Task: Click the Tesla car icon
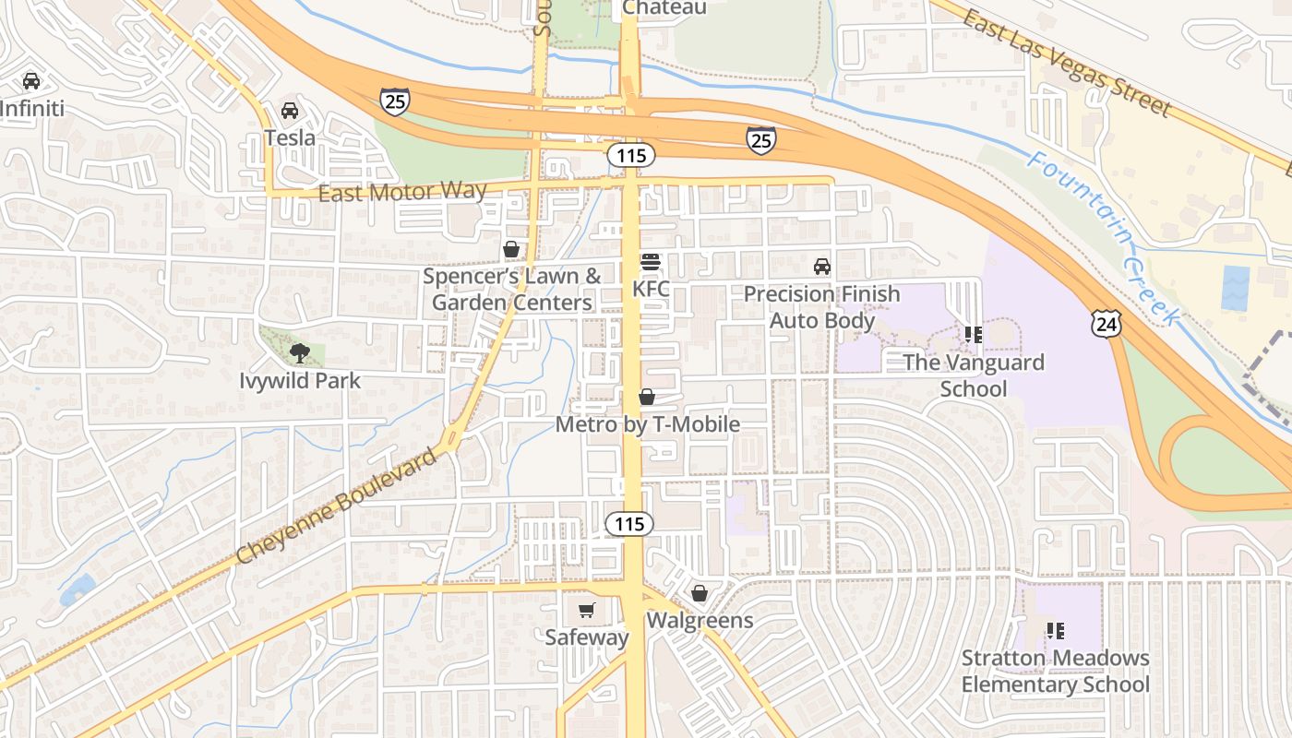tap(290, 111)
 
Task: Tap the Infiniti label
tap(32, 109)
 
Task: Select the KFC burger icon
tap(651, 262)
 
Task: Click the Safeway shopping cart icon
tap(586, 610)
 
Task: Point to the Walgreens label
tap(700, 620)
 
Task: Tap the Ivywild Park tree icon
tap(299, 351)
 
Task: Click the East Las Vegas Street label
tap(1066, 62)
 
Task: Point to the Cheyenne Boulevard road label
tap(336, 508)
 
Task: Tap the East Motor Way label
tap(402, 193)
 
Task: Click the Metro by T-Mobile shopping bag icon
tap(647, 397)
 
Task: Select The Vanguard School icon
tap(973, 334)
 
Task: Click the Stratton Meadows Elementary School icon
tap(1056, 631)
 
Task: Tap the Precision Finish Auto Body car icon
tap(821, 268)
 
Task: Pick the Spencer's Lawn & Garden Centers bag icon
tap(510, 249)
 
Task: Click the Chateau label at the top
tap(664, 7)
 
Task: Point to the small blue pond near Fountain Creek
tap(1235, 288)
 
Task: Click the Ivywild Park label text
tap(300, 380)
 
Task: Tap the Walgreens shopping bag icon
tap(700, 592)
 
